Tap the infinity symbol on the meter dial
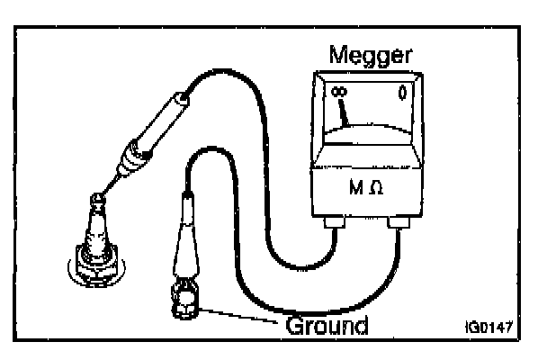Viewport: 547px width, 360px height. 338,92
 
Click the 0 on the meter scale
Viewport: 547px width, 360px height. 403,92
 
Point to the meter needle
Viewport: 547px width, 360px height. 345,112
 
